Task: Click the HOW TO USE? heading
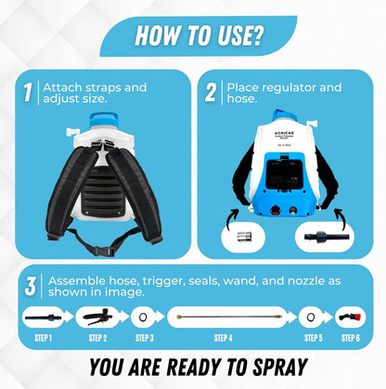click(192, 35)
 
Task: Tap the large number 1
click(28, 94)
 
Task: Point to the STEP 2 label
click(97, 337)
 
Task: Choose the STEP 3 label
click(145, 337)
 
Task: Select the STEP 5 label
click(312, 337)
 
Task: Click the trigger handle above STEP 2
click(96, 316)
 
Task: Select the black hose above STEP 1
click(43, 316)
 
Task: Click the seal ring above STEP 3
click(145, 316)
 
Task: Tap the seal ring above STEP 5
click(312, 316)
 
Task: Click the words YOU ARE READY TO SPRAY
click(192, 368)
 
